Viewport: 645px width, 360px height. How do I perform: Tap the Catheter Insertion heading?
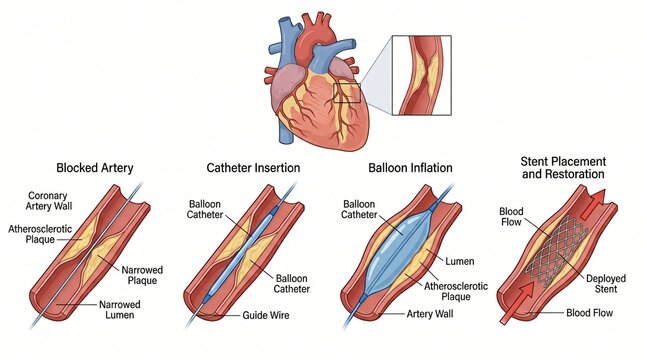click(x=253, y=167)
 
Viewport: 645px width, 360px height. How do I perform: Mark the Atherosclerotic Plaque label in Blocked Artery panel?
click(x=38, y=236)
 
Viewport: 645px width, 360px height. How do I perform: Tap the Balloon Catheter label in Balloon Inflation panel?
click(x=360, y=209)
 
